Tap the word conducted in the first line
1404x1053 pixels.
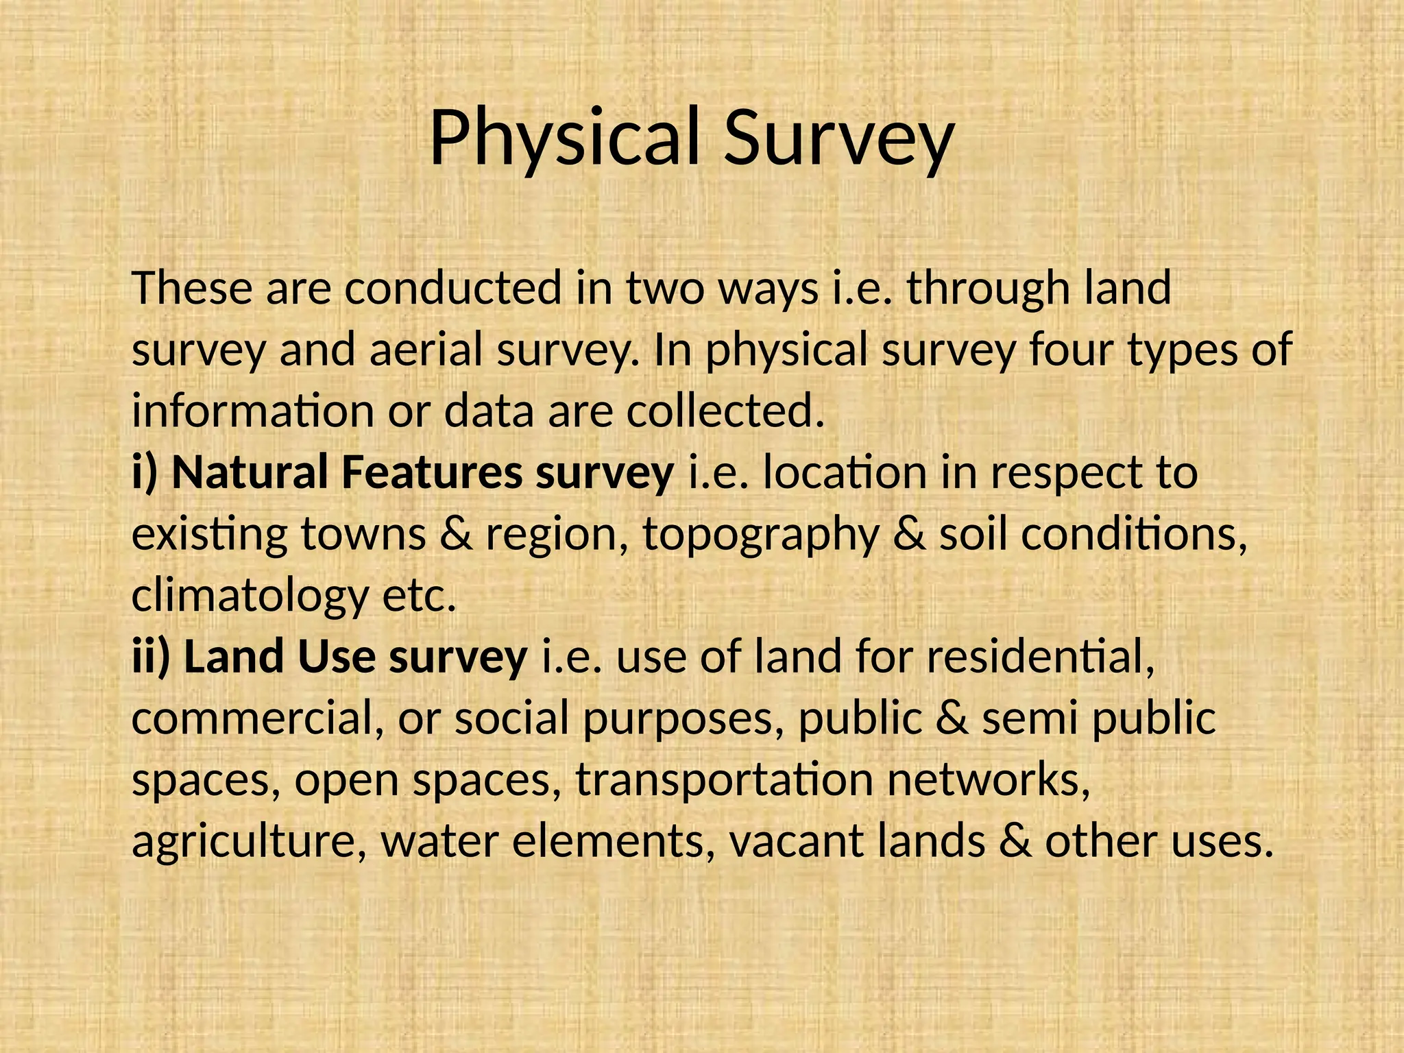click(x=453, y=288)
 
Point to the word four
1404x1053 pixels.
click(x=1072, y=349)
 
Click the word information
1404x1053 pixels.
click(x=253, y=411)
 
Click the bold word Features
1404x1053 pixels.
click(x=431, y=472)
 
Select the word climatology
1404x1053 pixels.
click(x=250, y=596)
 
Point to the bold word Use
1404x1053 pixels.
click(x=337, y=657)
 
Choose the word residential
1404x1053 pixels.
click(x=1041, y=657)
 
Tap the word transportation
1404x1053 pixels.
click(x=724, y=780)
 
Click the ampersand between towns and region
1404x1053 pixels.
click(x=456, y=535)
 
